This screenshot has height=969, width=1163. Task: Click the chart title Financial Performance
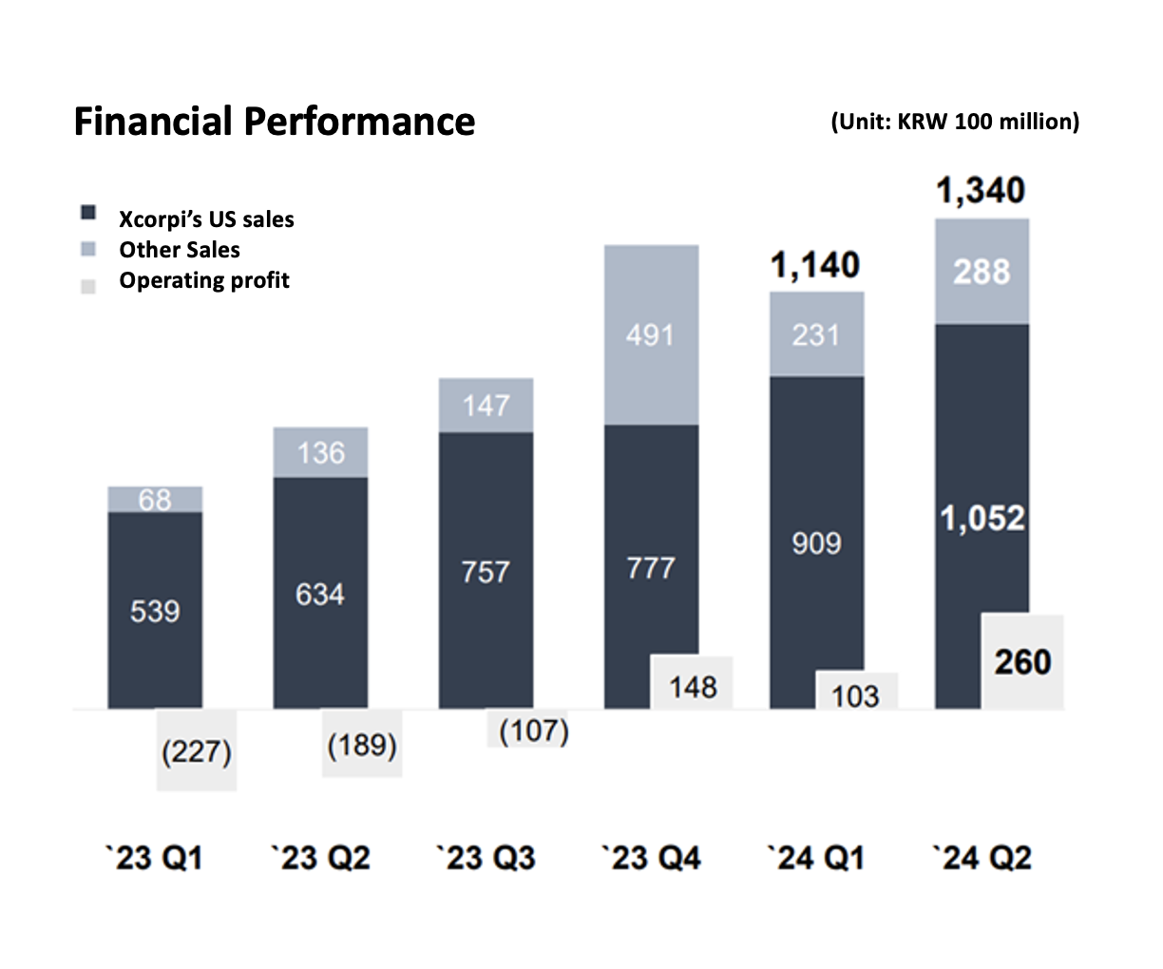275,122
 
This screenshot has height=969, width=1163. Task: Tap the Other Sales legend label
180,250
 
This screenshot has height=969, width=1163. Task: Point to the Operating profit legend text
204,280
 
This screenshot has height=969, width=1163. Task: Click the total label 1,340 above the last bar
981,191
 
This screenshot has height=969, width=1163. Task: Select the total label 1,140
815,265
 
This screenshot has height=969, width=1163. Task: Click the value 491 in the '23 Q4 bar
651,334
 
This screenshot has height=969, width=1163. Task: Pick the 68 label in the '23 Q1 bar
155,499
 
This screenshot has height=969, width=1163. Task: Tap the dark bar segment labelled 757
486,571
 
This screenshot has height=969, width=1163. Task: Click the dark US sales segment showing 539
155,610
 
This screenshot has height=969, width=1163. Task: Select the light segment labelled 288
982,272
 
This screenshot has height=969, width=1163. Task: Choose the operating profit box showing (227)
197,751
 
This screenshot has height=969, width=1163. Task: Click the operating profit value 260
1022,661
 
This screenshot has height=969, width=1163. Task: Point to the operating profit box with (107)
534,731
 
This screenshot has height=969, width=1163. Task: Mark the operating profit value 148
693,686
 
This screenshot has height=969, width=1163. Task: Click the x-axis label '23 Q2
320,858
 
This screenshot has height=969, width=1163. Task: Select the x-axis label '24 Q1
816,858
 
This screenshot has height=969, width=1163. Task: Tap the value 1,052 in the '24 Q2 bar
982,518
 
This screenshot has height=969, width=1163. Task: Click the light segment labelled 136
320,452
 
